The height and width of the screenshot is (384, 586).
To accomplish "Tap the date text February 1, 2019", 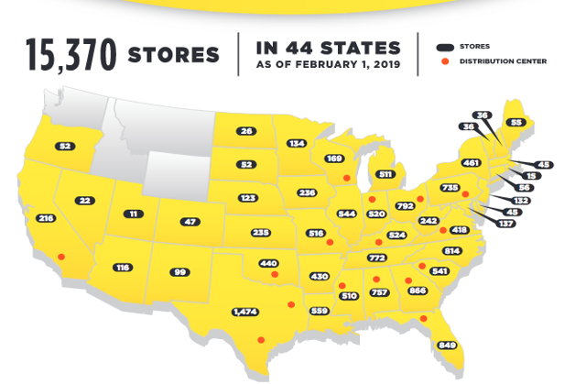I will (x=328, y=66).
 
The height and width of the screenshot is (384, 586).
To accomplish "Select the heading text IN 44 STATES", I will (x=329, y=48).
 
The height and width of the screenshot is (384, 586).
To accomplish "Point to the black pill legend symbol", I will (x=446, y=45).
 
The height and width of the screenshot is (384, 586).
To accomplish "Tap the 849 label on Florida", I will (x=447, y=346).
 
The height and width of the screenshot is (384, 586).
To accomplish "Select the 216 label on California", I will (x=45, y=219).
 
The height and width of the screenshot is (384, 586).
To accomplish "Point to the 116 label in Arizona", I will (x=123, y=268).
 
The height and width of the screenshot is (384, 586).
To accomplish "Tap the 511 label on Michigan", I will (x=385, y=174).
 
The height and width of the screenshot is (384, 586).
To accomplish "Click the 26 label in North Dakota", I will (x=246, y=131).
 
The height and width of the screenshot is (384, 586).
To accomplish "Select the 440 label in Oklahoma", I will (x=268, y=263).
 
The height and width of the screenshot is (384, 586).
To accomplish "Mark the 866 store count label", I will (x=419, y=290).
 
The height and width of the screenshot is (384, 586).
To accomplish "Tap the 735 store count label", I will (x=450, y=188).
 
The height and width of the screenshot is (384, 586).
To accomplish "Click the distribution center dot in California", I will (x=61, y=257).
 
